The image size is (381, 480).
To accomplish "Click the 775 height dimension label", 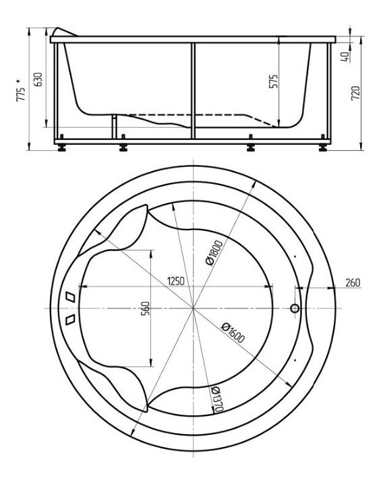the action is (20, 95).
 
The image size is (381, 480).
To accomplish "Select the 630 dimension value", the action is (38, 79).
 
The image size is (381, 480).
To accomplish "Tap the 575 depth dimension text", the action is (273, 81).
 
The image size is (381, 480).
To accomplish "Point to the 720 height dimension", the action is (355, 93).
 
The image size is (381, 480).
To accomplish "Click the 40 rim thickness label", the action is (345, 57).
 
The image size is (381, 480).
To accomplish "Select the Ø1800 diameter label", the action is (214, 253).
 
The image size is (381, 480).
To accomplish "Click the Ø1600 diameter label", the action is (233, 332).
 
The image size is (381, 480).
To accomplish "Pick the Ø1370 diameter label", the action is (218, 399).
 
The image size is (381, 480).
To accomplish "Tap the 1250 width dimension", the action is (175, 281).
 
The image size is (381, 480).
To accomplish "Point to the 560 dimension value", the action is (146, 308).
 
